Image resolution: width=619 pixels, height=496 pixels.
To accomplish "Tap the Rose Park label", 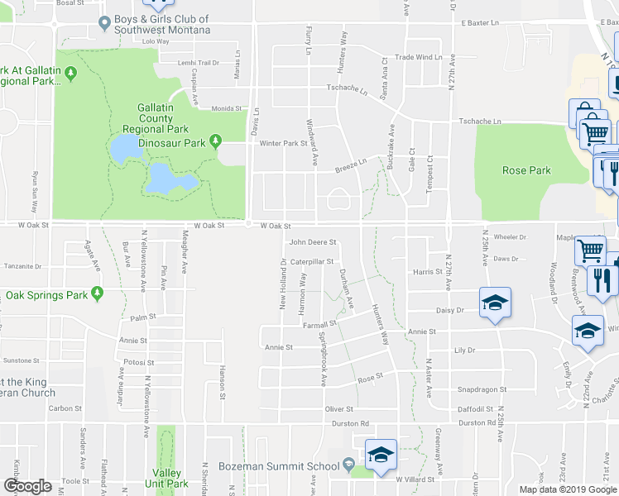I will click(x=526, y=170).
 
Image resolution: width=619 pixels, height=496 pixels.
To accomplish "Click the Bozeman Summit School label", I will click(x=278, y=466).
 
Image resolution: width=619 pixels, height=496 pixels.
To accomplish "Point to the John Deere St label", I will click(x=312, y=243).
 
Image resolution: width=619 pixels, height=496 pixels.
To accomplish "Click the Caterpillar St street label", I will click(x=311, y=262).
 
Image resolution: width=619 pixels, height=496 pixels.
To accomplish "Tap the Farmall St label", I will click(x=320, y=325).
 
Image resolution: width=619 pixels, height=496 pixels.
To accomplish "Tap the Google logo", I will click(x=27, y=486).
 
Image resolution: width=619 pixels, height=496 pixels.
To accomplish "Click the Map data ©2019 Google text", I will click(x=568, y=489).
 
